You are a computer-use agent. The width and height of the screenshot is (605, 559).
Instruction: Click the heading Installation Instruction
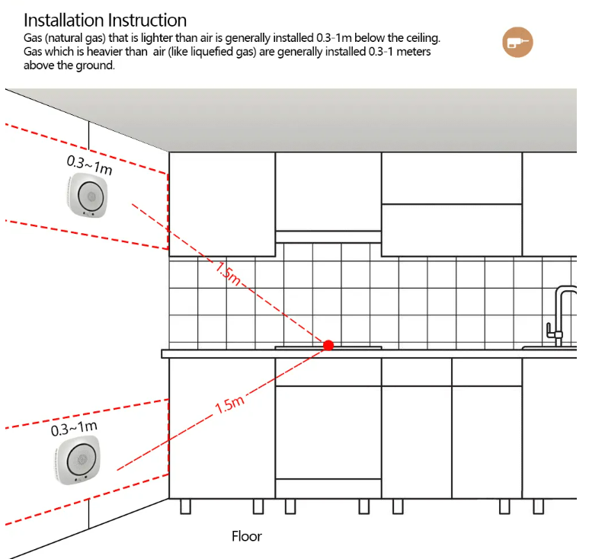(105, 20)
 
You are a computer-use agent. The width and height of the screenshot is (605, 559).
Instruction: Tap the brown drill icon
(517, 42)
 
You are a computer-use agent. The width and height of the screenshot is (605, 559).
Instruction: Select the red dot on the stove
(328, 345)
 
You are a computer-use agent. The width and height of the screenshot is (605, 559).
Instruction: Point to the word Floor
(246, 536)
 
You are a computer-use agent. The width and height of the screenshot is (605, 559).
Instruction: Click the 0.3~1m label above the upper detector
(89, 165)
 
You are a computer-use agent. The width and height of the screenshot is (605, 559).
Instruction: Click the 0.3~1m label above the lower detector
(74, 429)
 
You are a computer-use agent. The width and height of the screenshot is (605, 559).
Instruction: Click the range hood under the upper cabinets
(328, 235)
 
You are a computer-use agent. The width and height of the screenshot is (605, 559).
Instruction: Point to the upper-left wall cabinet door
(221, 203)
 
